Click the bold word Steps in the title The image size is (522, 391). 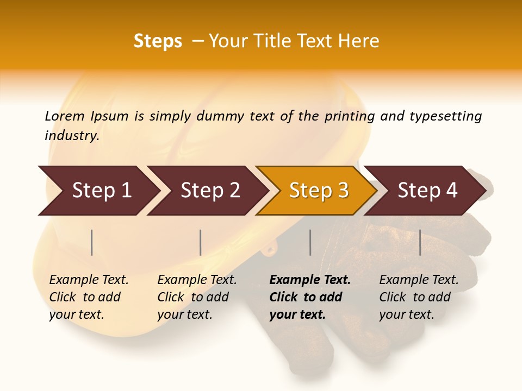tap(158, 41)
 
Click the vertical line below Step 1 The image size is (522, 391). tap(92, 242)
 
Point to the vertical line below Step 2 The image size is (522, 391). tap(201, 242)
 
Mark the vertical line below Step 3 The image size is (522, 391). tap(310, 242)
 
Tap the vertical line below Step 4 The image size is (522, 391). tap(420, 242)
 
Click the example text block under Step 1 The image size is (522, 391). tap(89, 297)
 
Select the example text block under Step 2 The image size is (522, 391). tap(197, 297)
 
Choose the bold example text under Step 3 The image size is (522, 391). tap(310, 297)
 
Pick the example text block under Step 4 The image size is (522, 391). tap(419, 297)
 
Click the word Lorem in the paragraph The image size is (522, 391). tap(65, 116)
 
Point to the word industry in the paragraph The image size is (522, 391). tap(72, 136)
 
